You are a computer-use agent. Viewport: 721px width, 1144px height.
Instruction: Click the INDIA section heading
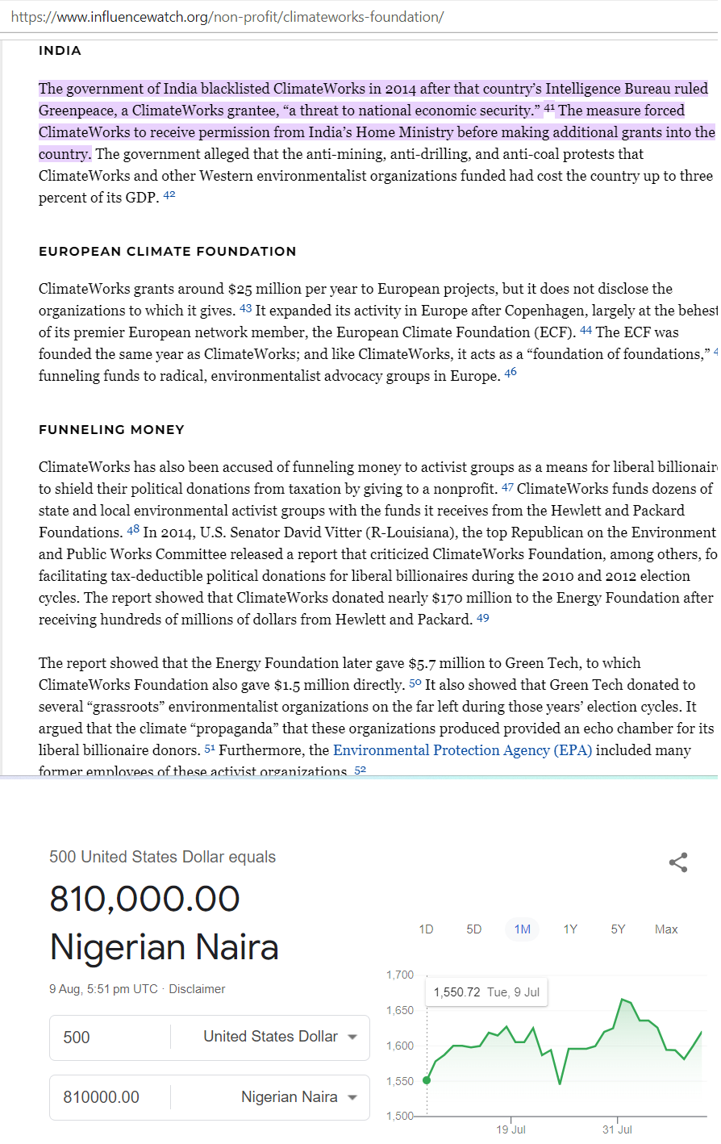click(x=60, y=51)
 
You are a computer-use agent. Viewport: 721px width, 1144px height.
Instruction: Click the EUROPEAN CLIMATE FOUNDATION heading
click(x=167, y=252)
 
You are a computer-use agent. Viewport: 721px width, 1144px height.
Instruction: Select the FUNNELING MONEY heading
click(x=111, y=430)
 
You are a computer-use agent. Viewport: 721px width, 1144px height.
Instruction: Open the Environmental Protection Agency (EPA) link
click(x=462, y=750)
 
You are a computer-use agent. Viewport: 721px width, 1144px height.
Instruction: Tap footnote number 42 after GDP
click(x=169, y=195)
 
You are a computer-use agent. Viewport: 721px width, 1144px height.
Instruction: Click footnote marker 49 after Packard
click(x=483, y=618)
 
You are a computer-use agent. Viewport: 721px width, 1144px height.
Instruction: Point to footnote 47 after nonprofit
click(x=507, y=487)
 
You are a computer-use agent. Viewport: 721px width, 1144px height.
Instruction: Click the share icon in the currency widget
click(x=678, y=862)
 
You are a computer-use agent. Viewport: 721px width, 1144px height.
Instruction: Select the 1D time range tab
click(x=426, y=929)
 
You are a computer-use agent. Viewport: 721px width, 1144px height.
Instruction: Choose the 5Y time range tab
click(x=618, y=929)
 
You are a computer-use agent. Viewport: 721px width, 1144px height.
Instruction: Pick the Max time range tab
click(x=666, y=929)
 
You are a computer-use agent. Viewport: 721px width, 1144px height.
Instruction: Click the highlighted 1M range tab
click(x=523, y=929)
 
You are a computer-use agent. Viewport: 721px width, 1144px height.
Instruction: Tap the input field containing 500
click(x=109, y=1038)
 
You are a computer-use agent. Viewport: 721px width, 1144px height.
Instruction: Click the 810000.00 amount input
click(x=109, y=1097)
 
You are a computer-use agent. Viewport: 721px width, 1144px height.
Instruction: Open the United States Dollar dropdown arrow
click(x=352, y=1038)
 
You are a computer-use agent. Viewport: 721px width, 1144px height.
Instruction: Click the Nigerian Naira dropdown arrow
click(x=352, y=1097)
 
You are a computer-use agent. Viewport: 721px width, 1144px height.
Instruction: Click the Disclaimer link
click(x=197, y=989)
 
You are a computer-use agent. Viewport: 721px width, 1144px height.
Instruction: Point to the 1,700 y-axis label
click(x=399, y=975)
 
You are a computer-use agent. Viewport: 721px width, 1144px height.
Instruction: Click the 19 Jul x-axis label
click(x=511, y=1129)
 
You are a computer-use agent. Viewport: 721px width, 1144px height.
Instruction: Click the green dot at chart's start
click(x=427, y=1080)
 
